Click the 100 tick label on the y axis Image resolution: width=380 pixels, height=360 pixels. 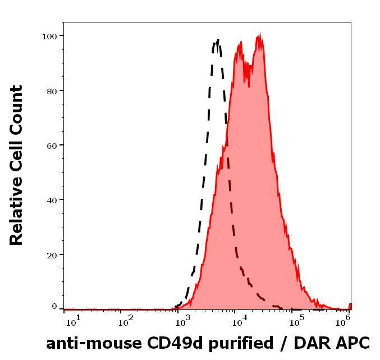[49, 36]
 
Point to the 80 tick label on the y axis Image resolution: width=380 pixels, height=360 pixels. [51, 90]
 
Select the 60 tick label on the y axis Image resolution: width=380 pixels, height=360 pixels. [51, 145]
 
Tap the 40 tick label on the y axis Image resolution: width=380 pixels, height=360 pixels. [51, 199]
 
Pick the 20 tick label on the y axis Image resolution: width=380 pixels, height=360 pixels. [51, 254]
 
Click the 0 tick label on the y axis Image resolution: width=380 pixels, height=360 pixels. [54, 307]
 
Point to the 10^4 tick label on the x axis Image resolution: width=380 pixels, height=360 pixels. [239, 320]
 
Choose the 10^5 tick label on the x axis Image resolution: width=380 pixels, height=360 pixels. [296, 320]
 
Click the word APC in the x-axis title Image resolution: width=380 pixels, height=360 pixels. [354, 343]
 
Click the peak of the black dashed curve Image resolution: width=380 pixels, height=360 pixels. [217, 40]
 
